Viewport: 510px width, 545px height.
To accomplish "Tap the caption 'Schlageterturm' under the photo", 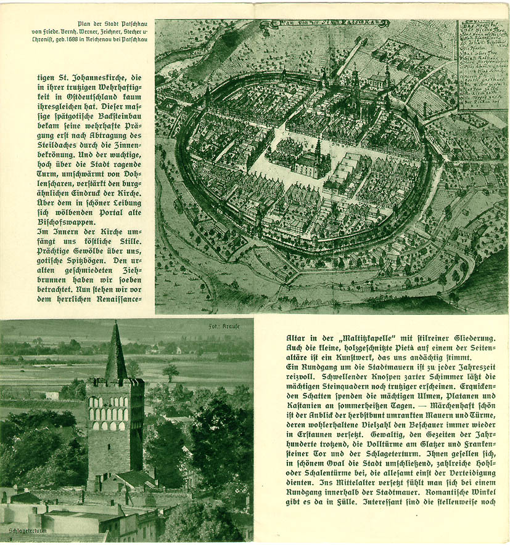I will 28,529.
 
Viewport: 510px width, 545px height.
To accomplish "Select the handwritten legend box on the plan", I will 482,65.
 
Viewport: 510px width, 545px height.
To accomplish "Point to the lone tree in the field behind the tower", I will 171,371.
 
